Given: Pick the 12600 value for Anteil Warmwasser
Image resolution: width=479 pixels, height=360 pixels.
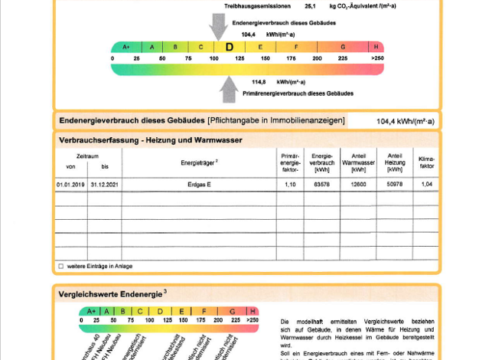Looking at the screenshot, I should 358,185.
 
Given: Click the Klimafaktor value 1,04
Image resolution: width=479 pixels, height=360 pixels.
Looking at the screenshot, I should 427,185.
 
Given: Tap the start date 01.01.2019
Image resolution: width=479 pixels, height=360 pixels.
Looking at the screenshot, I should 71,185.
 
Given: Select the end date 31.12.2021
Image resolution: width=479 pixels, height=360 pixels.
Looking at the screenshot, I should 105,185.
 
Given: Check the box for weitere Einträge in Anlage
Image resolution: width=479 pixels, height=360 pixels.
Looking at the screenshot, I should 61,266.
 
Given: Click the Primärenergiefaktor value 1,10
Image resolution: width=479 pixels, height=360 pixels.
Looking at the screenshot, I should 289,185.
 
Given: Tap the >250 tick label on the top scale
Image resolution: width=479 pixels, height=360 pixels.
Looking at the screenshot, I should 376,58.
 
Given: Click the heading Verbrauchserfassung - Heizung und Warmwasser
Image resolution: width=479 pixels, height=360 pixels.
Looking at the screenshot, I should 150,140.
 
